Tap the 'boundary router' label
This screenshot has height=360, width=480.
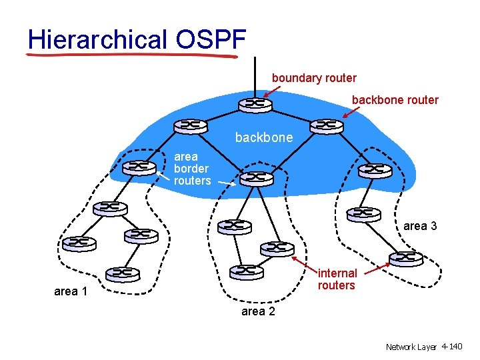[x=314, y=78]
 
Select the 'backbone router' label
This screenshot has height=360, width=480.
[x=395, y=100]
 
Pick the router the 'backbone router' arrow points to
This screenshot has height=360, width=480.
[x=326, y=125]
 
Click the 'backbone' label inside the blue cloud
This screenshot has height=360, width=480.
[x=263, y=138]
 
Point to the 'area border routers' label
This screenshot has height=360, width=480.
[x=192, y=169]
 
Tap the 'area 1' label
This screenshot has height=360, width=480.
[x=70, y=291]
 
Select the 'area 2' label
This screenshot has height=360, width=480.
[x=258, y=311]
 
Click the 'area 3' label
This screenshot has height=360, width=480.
[x=420, y=226]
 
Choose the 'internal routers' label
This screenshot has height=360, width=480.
[x=337, y=279]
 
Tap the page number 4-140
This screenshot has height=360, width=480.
[x=451, y=347]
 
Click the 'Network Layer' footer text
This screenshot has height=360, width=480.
[x=411, y=347]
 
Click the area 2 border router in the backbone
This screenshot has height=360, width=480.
[x=256, y=178]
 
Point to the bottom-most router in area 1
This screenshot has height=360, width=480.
[x=123, y=273]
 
